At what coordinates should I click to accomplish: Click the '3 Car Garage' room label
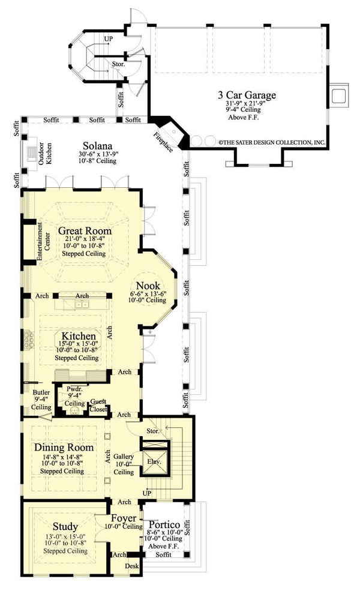point(247,95)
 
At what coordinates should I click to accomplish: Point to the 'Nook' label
point(148,285)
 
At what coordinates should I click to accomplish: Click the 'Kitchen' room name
point(76,337)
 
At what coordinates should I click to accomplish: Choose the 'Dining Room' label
point(64,447)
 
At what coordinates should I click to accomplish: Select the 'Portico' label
point(164,524)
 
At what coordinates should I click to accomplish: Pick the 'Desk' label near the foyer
point(132,566)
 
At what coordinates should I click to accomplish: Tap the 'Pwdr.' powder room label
point(75,388)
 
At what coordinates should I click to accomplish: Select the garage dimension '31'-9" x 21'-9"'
point(247,103)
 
